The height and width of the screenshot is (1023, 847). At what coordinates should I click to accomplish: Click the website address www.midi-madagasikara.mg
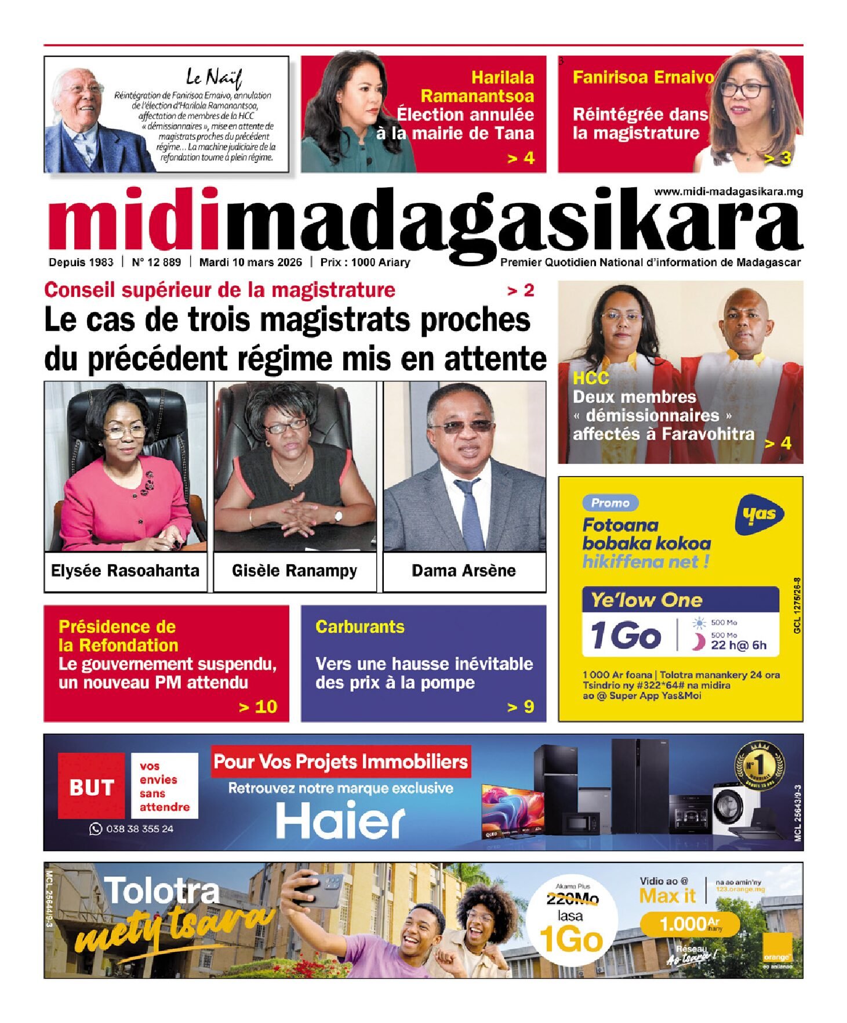click(x=728, y=192)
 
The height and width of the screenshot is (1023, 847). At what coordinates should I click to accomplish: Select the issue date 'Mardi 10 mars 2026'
click(x=250, y=262)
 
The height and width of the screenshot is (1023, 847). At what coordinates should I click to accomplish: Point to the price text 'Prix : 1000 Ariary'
click(x=365, y=262)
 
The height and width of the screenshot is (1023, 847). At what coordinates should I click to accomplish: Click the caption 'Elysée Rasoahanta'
click(x=125, y=571)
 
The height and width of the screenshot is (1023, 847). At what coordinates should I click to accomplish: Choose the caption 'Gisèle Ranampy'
click(x=295, y=571)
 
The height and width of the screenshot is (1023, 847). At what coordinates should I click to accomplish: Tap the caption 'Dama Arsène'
click(x=464, y=571)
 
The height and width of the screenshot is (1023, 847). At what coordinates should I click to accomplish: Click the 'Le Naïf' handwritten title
click(x=213, y=77)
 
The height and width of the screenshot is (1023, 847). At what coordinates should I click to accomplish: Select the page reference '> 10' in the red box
click(x=258, y=706)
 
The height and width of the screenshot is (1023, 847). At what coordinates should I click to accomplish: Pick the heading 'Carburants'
click(x=360, y=627)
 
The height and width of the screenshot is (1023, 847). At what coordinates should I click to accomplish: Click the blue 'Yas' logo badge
click(x=759, y=514)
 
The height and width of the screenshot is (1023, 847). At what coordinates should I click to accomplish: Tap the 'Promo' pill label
click(x=610, y=503)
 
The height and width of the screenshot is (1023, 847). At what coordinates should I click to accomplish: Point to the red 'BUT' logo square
click(x=91, y=787)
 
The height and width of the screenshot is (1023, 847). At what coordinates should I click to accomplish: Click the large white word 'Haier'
click(x=340, y=821)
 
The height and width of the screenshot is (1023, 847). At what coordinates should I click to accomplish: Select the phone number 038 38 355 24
click(x=139, y=829)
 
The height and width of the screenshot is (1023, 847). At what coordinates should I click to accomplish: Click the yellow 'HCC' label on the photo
click(x=591, y=379)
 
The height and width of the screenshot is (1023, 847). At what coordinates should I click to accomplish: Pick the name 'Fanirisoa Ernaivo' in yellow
click(x=643, y=77)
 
